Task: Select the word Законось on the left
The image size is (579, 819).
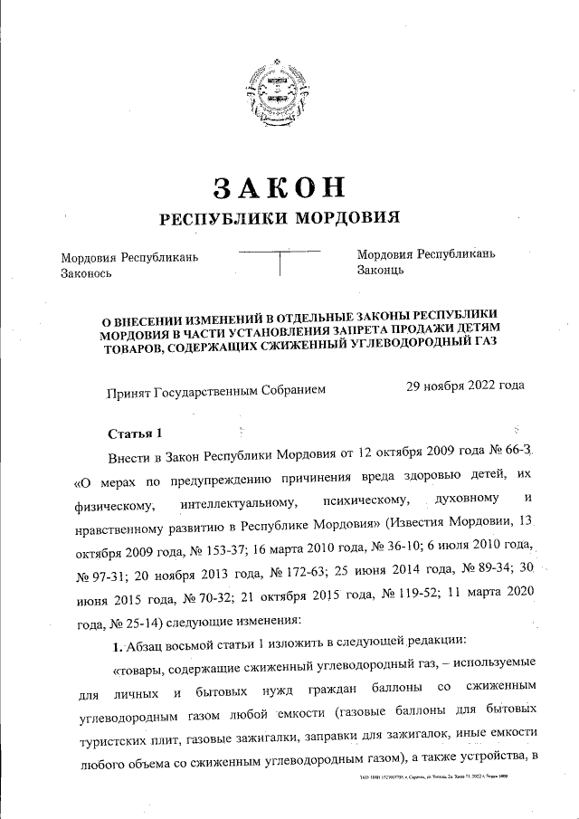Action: tap(87, 272)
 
